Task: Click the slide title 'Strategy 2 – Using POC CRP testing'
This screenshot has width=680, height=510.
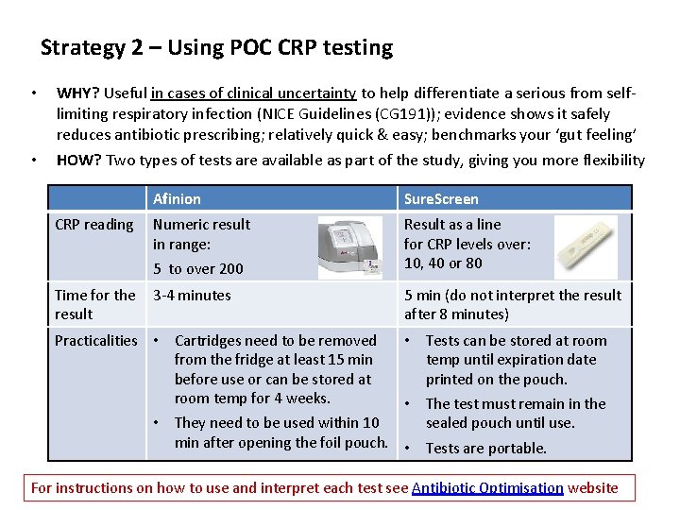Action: pyautogui.click(x=216, y=47)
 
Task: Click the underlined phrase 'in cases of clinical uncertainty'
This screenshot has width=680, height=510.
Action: pyautogui.click(x=253, y=93)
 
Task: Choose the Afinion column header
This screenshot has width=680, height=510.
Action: pyautogui.click(x=177, y=198)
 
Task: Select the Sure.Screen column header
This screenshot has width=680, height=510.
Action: pyautogui.click(x=441, y=198)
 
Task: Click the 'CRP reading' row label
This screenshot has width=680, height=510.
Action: pyautogui.click(x=94, y=224)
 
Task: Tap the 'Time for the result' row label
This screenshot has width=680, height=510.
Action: pyautogui.click(x=94, y=304)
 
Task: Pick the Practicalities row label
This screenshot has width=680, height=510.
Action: pyautogui.click(x=95, y=340)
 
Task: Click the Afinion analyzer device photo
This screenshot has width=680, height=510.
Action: pyautogui.click(x=350, y=247)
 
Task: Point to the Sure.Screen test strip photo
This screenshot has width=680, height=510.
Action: pyautogui.click(x=586, y=246)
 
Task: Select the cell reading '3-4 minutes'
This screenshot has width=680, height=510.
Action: pyautogui.click(x=192, y=295)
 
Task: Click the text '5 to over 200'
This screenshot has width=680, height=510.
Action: pyautogui.click(x=198, y=268)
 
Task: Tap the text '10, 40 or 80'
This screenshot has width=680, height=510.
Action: pyautogui.click(x=443, y=263)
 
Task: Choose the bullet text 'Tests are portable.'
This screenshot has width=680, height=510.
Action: pyautogui.click(x=486, y=448)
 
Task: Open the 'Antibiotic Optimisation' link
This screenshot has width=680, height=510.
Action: pyautogui.click(x=487, y=487)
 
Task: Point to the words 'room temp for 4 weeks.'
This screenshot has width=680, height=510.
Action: pyautogui.click(x=252, y=398)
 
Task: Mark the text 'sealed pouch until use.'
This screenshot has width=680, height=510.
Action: pyautogui.click(x=500, y=422)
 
